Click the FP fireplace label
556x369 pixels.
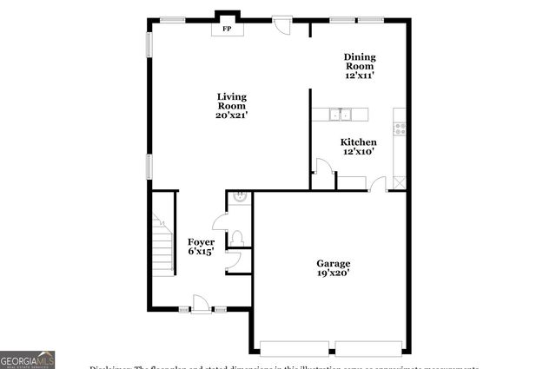click(228, 30)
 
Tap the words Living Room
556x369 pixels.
click(232, 101)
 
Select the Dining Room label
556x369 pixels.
click(359, 61)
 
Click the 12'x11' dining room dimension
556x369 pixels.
click(359, 76)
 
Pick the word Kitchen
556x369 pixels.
click(358, 142)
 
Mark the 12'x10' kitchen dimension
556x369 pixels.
click(358, 152)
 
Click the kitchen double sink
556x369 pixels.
click(339, 114)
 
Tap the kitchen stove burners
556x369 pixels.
click(400, 128)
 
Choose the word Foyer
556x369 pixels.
click(201, 241)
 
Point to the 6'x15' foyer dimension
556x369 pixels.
click(201, 252)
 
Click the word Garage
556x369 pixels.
click(333, 262)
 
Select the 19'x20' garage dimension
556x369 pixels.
click(333, 273)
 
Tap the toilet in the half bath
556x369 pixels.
click(238, 237)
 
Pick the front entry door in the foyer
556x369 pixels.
click(201, 304)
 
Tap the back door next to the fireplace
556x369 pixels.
click(282, 23)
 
